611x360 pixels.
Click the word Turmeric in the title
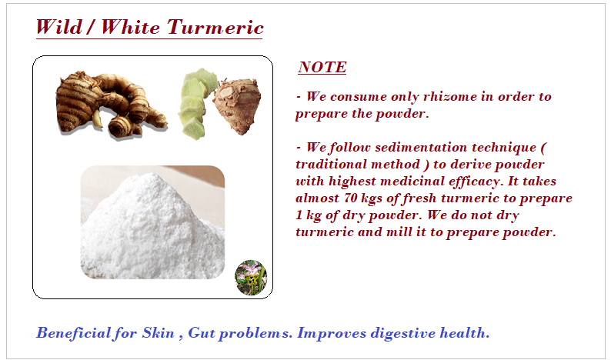tap(215, 27)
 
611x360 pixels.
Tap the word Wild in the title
tap(59, 27)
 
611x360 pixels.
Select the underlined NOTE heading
tap(322, 67)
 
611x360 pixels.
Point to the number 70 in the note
tap(350, 198)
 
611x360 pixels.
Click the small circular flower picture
tap(251, 278)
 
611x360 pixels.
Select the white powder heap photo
tap(152, 222)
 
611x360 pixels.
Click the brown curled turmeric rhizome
tap(109, 105)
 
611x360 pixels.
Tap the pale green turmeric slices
tap(198, 102)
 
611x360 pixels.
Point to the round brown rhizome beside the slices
tap(237, 105)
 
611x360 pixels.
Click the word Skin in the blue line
tap(158, 333)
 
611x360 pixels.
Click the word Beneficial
tap(73, 333)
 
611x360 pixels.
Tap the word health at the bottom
tap(464, 333)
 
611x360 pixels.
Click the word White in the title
tap(130, 27)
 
